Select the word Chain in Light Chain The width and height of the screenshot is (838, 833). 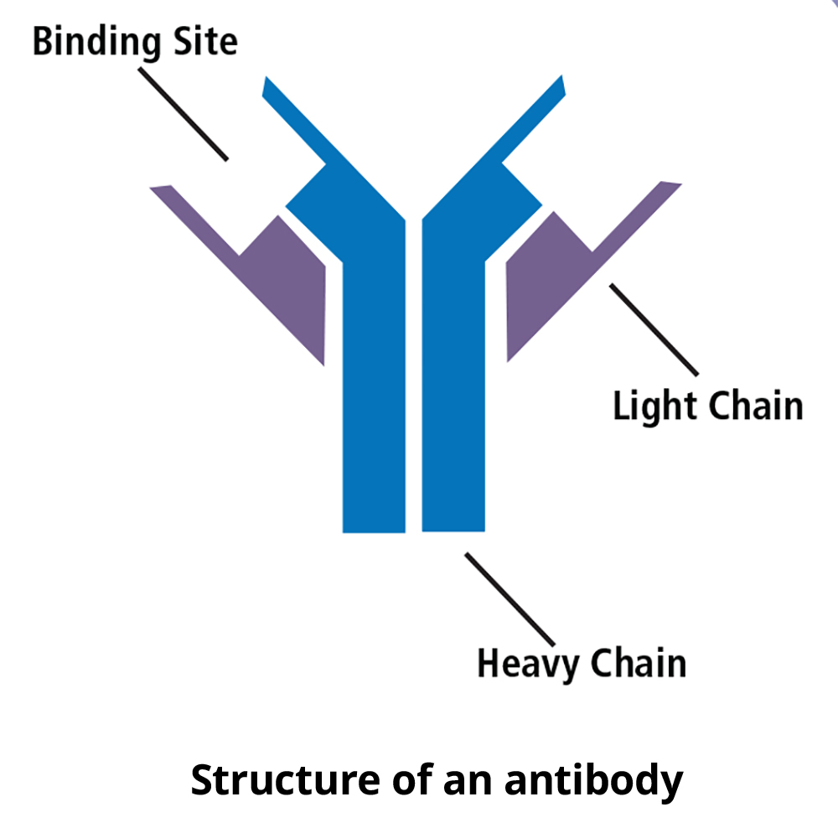click(x=756, y=406)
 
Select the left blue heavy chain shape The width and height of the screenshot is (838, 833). click(x=373, y=377)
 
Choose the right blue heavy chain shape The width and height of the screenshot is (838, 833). click(x=453, y=377)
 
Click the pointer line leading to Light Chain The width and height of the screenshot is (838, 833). click(x=654, y=329)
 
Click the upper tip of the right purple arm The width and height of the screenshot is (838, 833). click(x=670, y=186)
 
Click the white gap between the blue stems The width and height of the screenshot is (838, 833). click(x=414, y=377)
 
